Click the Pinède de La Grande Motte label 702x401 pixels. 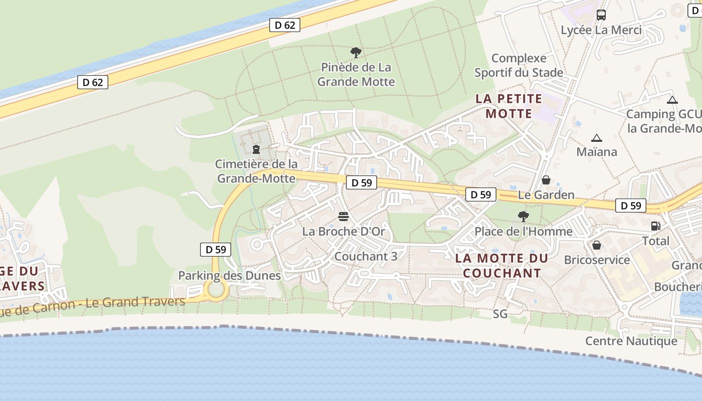coord(356,74)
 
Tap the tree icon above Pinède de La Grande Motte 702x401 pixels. coord(356,52)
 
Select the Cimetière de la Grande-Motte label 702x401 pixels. coord(256,171)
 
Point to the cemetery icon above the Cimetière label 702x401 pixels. coord(256,149)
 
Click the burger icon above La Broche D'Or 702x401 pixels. coord(343,217)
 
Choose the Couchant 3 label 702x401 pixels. coord(366,256)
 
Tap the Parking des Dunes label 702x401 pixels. coord(229,275)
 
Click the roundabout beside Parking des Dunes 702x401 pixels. coord(216,289)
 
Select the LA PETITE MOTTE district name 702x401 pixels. coord(509,106)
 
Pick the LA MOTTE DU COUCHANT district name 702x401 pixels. coord(502,266)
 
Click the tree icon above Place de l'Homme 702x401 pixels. coord(523,217)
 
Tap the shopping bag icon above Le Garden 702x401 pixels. coord(546,179)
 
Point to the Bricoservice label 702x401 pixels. coord(597,260)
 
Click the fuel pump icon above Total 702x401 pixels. coord(655,226)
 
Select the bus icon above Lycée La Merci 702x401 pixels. coord(601,15)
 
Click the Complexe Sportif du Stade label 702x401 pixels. coord(519,65)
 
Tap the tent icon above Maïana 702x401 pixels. coord(596,138)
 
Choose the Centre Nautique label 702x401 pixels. coord(631,341)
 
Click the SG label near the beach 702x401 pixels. coord(500,314)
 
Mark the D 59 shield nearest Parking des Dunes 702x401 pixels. coord(216,249)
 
